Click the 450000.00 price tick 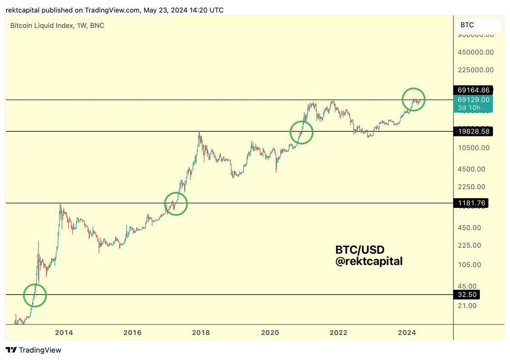(475, 52)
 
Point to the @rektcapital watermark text (368, 261)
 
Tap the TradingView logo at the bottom (34, 350)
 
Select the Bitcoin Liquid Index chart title (57, 26)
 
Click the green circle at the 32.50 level (34, 295)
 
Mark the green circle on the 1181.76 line (176, 204)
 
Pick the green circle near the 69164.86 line (414, 99)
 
